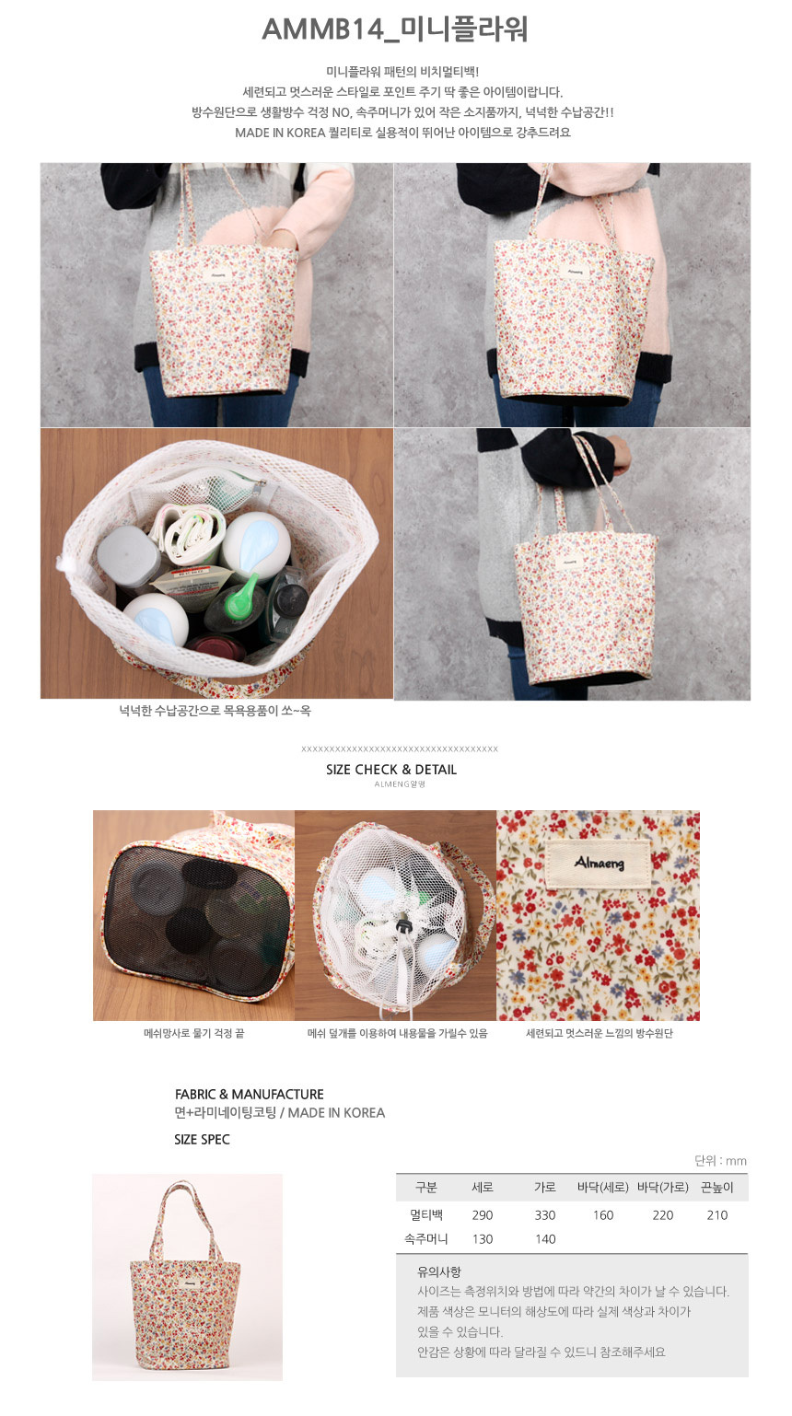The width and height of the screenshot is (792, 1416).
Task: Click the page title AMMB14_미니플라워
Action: pos(395,29)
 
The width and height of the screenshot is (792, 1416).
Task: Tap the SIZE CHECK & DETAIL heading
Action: pos(391,770)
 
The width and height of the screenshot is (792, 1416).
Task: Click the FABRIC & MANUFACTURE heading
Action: pos(249,1095)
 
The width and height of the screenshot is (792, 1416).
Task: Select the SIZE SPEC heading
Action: pos(202,1140)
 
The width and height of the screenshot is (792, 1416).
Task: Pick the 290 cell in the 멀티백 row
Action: pos(483,1215)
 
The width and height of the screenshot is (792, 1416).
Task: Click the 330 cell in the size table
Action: pos(545,1215)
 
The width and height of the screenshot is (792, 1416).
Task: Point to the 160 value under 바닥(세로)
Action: pos(603,1215)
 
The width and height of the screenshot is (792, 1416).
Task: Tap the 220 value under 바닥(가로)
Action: pos(663,1215)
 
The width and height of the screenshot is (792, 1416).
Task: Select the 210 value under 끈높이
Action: pos(717,1215)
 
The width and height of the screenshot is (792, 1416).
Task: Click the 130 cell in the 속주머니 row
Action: pos(483,1239)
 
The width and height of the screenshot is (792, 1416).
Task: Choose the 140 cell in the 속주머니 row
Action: pos(545,1239)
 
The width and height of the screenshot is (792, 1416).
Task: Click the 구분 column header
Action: pos(426,1187)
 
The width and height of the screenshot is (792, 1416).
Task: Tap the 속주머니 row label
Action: pos(426,1239)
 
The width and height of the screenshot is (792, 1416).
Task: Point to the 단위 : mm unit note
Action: pos(720,1161)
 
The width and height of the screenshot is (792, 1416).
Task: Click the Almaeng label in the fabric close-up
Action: pos(599,863)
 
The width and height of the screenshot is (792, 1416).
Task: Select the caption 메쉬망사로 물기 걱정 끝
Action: pos(194,1033)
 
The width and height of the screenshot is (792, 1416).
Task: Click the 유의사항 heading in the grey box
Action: pos(439,1271)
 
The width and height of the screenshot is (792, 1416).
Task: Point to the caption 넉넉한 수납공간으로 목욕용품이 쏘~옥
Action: pos(215,711)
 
